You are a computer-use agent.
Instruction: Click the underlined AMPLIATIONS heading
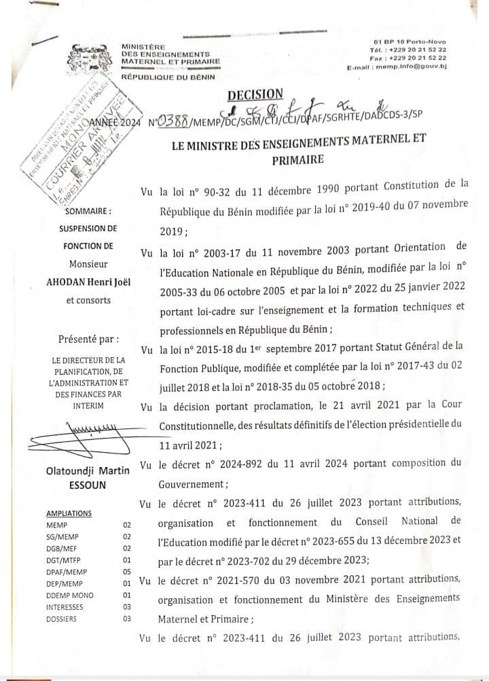tap(69, 513)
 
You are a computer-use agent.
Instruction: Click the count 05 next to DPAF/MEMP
tap(126, 572)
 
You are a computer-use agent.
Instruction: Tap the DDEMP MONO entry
tap(70, 595)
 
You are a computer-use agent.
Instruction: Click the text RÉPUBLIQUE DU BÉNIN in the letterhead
tap(168, 77)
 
